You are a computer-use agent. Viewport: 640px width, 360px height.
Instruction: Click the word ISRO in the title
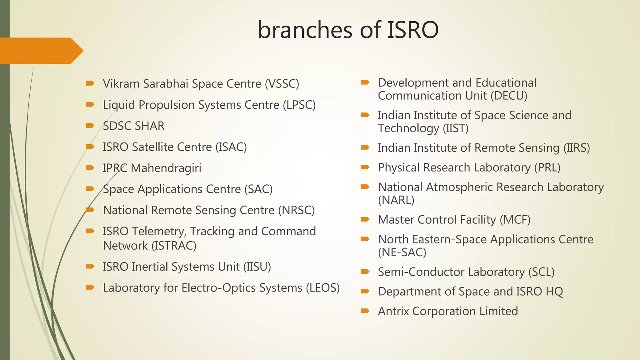pos(413,30)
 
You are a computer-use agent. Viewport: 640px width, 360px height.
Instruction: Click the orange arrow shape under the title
pos(41,51)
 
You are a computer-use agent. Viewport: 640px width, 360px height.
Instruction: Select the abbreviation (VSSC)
pos(282,84)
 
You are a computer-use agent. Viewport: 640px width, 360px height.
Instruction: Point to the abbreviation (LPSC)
pos(299,105)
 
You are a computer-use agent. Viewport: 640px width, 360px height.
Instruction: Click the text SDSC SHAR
pos(133,126)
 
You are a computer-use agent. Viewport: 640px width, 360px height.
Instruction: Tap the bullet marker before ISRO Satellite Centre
pos(90,146)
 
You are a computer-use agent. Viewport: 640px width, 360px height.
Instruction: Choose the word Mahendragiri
pos(166,168)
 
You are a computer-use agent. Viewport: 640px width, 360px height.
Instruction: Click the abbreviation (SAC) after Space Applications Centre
pos(258,189)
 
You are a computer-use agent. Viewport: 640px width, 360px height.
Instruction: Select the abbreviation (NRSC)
pos(296,210)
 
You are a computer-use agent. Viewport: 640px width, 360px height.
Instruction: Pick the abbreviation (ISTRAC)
pos(174,246)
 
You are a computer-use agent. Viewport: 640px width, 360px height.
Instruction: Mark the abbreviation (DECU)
pos(509,96)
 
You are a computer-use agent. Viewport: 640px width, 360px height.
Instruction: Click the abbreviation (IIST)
pos(455,128)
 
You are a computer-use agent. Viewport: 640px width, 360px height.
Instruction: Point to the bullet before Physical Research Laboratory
pos(365,167)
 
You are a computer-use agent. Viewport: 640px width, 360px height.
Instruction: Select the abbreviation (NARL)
pos(396,200)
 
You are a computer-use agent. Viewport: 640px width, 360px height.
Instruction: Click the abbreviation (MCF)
pos(515,220)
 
